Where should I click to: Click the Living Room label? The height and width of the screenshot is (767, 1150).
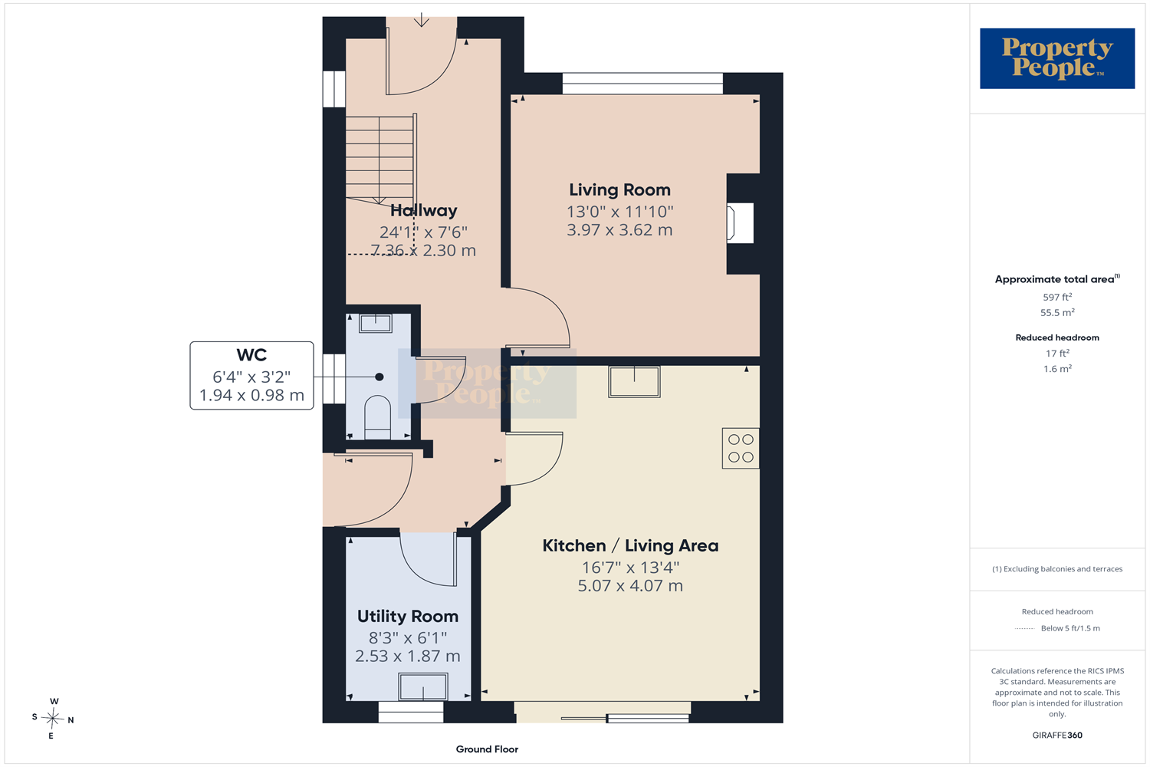619,190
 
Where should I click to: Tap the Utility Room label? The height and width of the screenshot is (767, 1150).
408,617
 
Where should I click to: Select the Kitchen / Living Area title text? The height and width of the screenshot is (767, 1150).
630,545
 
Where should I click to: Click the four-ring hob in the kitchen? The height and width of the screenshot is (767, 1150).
741,449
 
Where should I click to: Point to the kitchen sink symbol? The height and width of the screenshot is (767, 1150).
634,382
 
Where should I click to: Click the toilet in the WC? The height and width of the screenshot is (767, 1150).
377,417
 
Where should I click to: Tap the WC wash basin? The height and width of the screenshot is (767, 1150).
376,324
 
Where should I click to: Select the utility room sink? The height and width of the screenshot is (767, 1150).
423,687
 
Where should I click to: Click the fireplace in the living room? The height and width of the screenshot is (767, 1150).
740,223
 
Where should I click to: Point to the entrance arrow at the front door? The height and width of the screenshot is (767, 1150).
422,19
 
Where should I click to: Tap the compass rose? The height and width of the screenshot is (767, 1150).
52,718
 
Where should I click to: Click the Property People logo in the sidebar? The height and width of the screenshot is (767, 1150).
1057,58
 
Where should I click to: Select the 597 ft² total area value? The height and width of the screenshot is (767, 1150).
1057,297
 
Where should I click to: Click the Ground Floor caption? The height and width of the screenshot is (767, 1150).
487,749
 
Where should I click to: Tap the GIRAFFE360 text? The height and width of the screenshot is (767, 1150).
1057,735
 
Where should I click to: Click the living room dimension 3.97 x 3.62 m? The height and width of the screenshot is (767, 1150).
619,230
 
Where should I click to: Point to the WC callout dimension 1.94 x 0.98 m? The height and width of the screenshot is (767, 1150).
251,396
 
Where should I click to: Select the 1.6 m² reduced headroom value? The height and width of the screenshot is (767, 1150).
1057,369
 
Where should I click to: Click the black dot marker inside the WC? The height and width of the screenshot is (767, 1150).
379,377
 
